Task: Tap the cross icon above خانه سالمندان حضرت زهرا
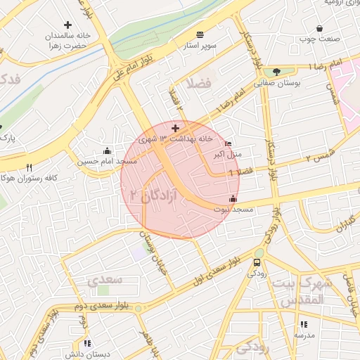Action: tap(67, 25)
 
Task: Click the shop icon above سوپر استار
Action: tap(201, 34)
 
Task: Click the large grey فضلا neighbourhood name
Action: tap(198, 84)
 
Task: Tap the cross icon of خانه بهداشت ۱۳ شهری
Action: tap(175, 128)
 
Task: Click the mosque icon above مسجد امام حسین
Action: tap(106, 150)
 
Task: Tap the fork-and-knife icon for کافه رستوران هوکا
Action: tap(29, 167)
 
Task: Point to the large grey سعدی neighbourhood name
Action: tap(105, 280)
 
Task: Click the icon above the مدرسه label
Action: tap(304, 324)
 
